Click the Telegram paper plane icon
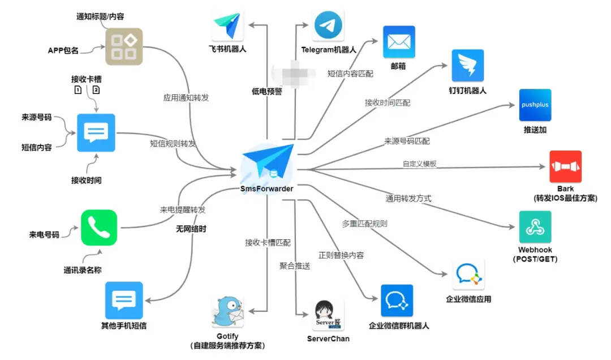coord(328,26)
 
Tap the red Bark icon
coord(565,166)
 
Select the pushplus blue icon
coord(535,105)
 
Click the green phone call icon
coord(98,228)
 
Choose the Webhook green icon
coord(535,227)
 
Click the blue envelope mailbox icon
coord(399,42)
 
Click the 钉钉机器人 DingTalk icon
coord(467,66)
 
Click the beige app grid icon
coord(124,47)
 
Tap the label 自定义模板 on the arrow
coord(419,164)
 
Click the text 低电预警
coord(266,91)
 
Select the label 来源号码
coord(36,118)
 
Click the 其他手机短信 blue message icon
coord(124,300)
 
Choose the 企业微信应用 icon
coord(468,275)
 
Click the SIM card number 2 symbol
coord(96,90)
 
